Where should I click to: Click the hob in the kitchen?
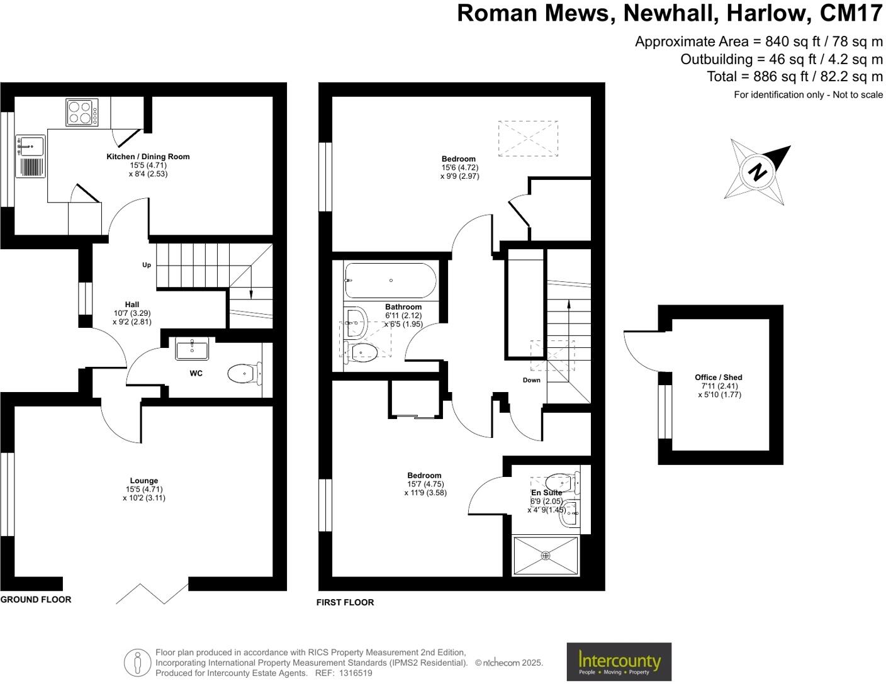point(82,112)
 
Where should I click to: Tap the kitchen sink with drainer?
point(30,156)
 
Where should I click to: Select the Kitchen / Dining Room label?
point(148,157)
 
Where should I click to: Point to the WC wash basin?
point(192,348)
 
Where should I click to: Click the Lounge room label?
point(144,481)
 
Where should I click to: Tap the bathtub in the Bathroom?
point(390,280)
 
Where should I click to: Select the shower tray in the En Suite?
point(546,555)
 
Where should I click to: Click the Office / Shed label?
point(719,378)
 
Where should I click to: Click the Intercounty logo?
point(619,662)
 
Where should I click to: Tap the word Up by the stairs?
point(147,265)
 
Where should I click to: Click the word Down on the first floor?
point(532,380)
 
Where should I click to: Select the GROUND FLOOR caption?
point(36,600)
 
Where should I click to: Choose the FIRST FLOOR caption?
point(345,602)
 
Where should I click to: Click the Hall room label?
point(132,305)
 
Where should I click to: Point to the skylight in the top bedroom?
point(528,138)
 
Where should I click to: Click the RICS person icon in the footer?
point(137,663)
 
